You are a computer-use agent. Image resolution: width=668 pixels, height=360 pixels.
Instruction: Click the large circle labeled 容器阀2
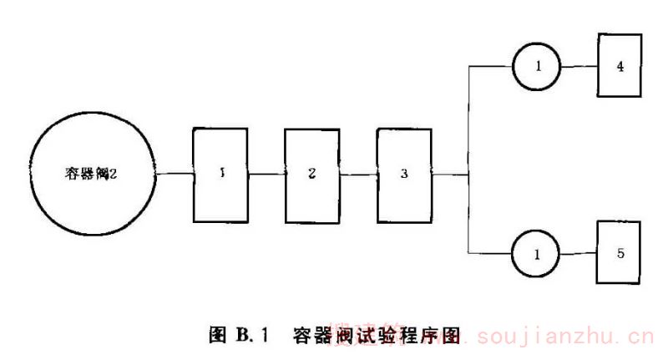(91, 175)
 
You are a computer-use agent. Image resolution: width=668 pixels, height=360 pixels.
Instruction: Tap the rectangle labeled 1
(222, 175)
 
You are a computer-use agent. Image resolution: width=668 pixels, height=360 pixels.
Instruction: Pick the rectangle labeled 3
(404, 175)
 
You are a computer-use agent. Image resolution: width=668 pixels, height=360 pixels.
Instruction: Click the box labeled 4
(620, 64)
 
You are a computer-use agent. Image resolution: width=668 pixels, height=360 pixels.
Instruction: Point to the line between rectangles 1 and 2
(267, 175)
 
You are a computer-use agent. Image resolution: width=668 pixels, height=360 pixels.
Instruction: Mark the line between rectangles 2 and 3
(359, 175)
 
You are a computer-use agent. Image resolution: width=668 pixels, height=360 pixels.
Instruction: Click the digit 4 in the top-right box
(620, 64)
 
